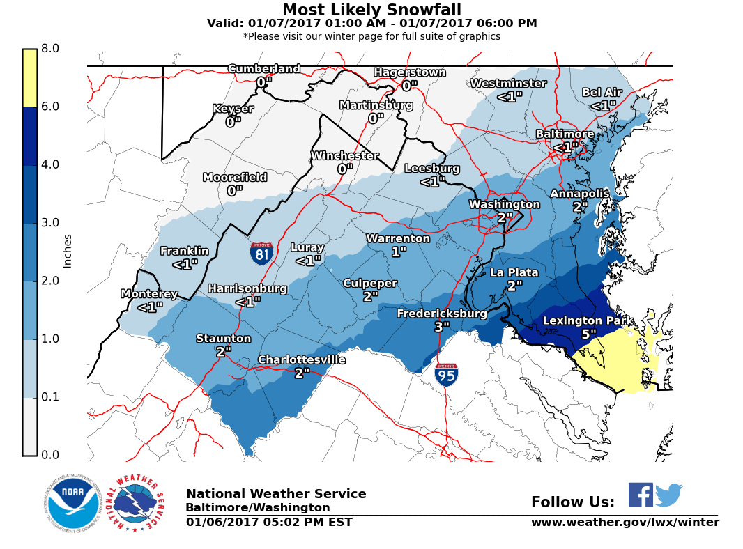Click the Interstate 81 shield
(x=261, y=253)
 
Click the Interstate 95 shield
(x=446, y=375)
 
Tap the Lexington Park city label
(x=588, y=321)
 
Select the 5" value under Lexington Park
(x=589, y=334)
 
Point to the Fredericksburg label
(x=442, y=314)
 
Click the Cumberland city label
(x=264, y=69)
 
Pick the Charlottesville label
(x=302, y=359)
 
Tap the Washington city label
(x=504, y=204)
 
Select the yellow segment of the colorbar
(x=30, y=78)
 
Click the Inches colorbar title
(x=68, y=251)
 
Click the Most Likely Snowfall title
(x=371, y=10)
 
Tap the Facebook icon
(x=641, y=495)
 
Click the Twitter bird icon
(x=668, y=495)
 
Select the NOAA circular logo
(x=73, y=504)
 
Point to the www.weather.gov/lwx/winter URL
(x=625, y=523)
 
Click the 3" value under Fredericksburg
(x=442, y=327)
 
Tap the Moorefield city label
(x=235, y=178)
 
